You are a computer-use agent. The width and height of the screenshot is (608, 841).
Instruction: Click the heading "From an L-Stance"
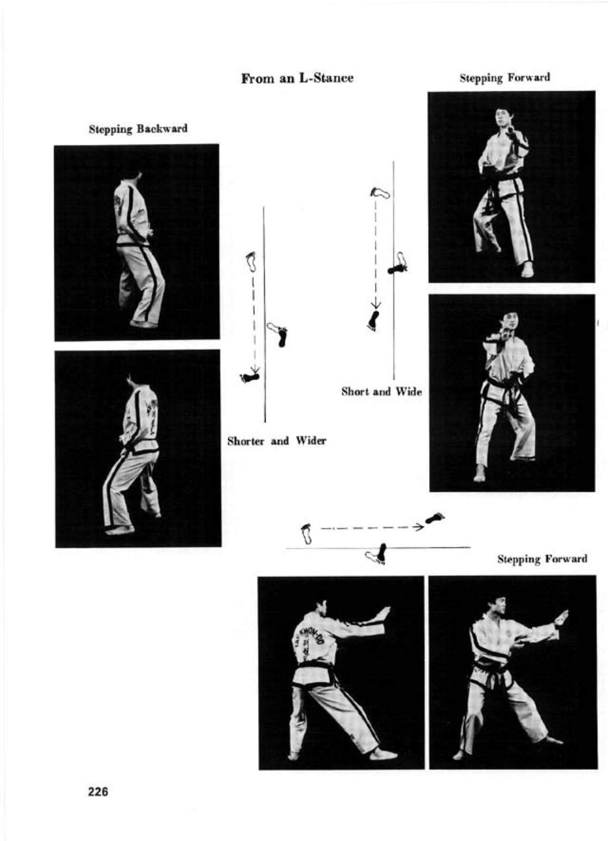[x=297, y=79]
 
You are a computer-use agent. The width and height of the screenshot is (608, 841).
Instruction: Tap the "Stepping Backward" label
[x=138, y=129]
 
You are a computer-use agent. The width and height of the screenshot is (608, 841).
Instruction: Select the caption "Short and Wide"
[x=381, y=392]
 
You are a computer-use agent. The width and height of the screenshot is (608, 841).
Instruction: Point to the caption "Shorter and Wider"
[x=277, y=441]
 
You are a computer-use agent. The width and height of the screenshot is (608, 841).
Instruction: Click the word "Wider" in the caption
[x=311, y=441]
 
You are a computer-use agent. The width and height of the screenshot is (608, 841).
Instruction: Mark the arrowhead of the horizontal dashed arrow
[x=418, y=527]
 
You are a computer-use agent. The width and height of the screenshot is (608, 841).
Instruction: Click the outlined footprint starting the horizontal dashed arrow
[x=307, y=534]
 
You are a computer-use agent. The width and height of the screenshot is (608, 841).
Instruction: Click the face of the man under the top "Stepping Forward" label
[x=500, y=117]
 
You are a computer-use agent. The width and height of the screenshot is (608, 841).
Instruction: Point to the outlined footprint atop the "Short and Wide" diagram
[x=380, y=193]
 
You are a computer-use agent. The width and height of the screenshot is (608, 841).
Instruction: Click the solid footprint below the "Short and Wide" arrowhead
[x=374, y=321]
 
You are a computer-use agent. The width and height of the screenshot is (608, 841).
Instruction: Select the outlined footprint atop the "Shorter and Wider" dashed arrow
[x=251, y=261]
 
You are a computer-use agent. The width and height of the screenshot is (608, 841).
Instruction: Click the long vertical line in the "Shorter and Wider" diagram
[x=265, y=314]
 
